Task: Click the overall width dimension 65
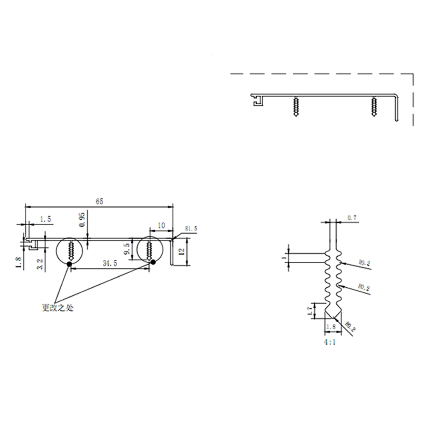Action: click(x=99, y=201)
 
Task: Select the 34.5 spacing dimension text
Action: click(x=110, y=263)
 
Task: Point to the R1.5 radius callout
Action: click(x=191, y=229)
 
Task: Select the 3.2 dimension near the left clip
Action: click(x=40, y=265)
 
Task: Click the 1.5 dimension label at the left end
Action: click(x=45, y=219)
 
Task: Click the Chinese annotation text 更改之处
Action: click(x=57, y=308)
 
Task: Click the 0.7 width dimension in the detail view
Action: click(x=351, y=218)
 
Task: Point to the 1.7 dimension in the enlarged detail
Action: click(x=310, y=311)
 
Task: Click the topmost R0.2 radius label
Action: click(x=364, y=263)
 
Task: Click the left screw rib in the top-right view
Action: click(x=295, y=107)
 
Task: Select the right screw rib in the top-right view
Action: click(x=374, y=107)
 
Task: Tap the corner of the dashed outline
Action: click(x=413, y=74)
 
